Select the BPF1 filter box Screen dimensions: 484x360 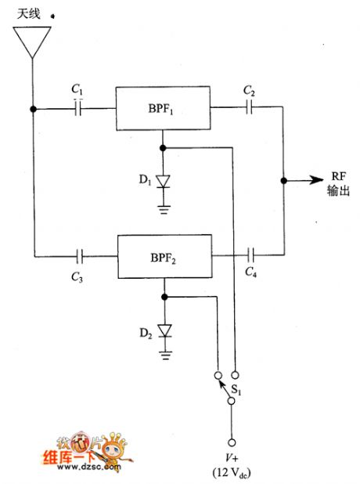(163, 109)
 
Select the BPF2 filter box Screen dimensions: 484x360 (163, 255)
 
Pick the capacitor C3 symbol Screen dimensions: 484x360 (78, 255)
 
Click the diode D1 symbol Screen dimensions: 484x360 (163, 182)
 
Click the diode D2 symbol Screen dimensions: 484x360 (163, 330)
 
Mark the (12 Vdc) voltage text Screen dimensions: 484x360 (230, 473)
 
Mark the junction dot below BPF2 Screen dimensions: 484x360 (163, 297)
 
